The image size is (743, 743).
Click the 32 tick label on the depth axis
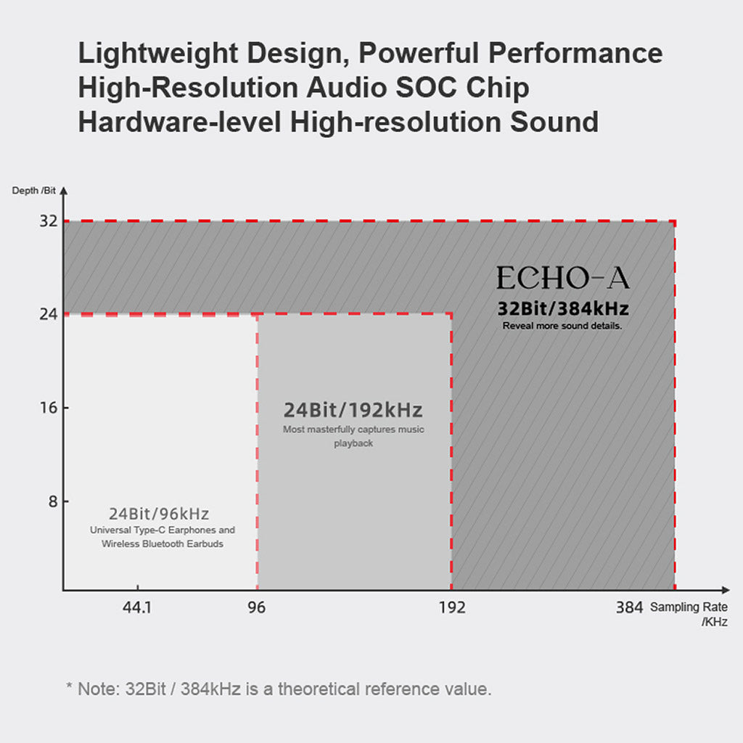pos(49,221)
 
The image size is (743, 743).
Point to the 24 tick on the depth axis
pos(49,314)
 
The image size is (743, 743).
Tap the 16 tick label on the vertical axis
pos(49,408)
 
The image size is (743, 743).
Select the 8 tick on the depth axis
pos(52,501)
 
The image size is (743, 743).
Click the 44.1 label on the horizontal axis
pos(136,608)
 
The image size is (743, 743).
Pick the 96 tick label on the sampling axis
pos(257,608)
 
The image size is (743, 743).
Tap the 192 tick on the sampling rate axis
pos(453,608)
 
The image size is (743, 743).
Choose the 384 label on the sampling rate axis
pos(629,608)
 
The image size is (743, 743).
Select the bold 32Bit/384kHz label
pos(563,309)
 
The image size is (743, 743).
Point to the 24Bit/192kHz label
pos(353,410)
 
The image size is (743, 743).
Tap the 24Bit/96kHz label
pos(159,514)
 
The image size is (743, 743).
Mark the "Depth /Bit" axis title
pos(33,190)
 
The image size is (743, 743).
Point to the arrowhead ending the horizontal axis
pos(726,590)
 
